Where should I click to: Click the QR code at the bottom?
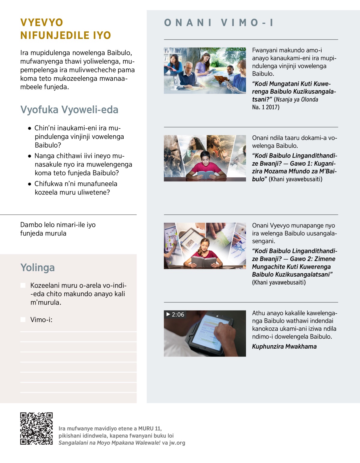36,428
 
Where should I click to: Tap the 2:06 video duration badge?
175,314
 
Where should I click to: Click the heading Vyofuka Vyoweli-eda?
69,110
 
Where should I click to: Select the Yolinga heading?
37,267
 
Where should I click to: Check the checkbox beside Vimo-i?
23,320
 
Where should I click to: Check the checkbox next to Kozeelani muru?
23,285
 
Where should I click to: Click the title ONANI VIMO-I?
219,23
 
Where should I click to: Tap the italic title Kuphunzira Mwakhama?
284,347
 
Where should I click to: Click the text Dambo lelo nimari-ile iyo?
58,225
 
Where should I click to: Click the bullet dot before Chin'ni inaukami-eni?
29,128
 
